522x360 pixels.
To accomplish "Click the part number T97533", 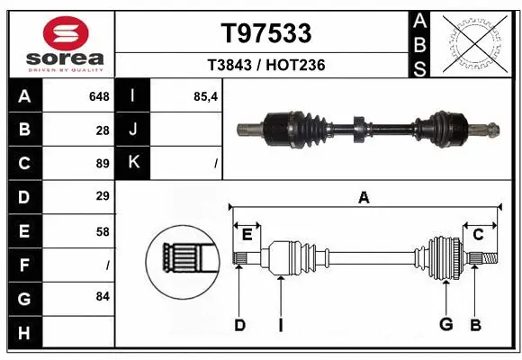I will [265, 32].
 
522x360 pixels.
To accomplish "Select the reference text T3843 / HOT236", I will [265, 66].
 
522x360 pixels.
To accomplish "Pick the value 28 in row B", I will [102, 130].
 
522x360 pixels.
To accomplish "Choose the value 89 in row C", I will [102, 163].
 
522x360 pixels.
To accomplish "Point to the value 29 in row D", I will [102, 196].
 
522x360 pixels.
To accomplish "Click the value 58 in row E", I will [102, 230].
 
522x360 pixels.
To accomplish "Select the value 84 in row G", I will [102, 295].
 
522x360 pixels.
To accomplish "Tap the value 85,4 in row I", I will [205, 96].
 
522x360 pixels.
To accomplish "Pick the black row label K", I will [133, 163].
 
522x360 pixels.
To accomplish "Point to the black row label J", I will [133, 130].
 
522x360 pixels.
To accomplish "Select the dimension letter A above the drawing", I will [364, 197].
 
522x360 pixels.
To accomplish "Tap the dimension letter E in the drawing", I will [247, 235].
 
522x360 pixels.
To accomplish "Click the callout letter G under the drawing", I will [445, 324].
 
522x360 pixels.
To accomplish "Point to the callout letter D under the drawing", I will [239, 324].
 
